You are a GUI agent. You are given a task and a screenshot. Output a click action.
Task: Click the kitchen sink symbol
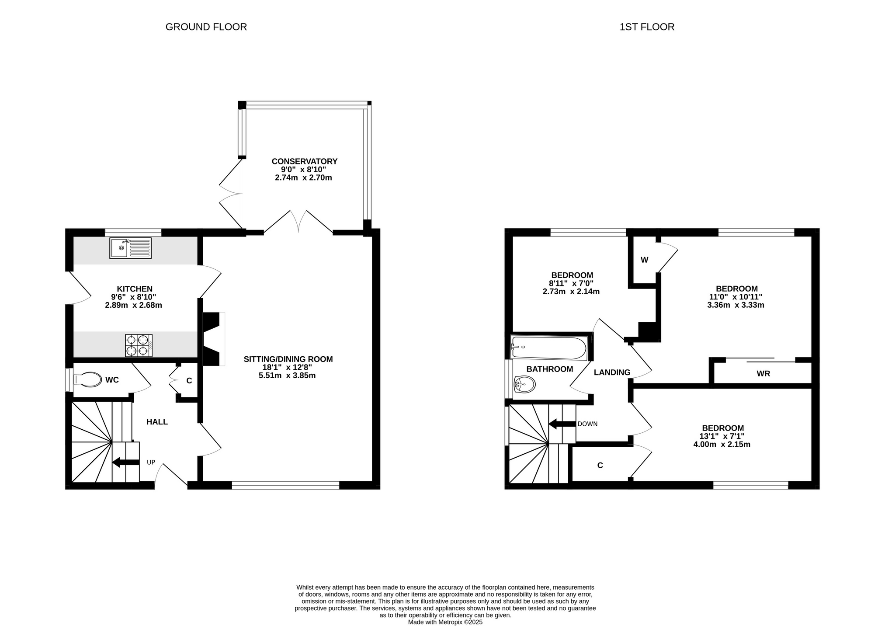130,248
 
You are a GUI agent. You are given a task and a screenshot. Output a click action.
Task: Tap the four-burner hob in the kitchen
139,345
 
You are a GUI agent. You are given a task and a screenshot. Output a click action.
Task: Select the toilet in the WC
87,380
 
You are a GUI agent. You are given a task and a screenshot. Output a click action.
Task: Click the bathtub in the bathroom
549,348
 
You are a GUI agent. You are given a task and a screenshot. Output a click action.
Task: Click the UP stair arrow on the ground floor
126,462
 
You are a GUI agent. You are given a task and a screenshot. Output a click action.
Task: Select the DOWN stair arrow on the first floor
562,424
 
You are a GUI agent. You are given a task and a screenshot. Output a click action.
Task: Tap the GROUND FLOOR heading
206,27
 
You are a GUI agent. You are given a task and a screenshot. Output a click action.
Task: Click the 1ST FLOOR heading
647,27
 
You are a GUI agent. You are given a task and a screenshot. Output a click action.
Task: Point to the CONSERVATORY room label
305,162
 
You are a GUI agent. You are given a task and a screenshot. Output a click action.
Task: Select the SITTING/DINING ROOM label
288,359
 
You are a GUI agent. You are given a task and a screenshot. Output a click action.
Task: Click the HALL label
157,422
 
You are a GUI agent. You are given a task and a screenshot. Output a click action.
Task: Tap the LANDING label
612,372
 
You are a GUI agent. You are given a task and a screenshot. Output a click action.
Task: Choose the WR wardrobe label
764,374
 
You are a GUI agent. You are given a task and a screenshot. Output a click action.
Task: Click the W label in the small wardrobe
645,260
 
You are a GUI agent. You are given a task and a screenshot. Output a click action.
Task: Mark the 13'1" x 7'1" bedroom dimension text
722,436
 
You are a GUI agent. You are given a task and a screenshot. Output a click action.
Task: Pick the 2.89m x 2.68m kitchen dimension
134,305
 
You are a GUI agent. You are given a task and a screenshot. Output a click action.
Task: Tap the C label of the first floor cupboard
600,466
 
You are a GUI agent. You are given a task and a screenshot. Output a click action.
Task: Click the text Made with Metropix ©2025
445,622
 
